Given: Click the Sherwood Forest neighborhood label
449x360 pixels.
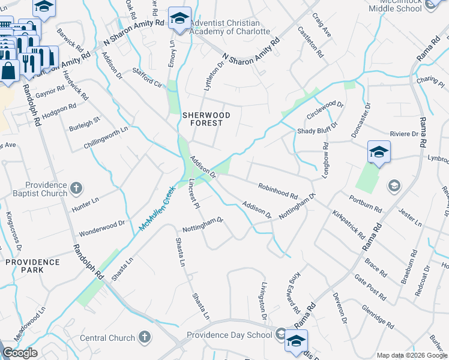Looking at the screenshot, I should click(x=202, y=119).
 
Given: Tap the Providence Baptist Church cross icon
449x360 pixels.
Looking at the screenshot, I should click(x=76, y=189).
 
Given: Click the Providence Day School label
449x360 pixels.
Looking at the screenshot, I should click(x=229, y=335).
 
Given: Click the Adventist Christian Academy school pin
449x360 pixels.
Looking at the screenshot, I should click(x=179, y=18).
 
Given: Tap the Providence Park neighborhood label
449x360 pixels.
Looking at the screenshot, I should click(x=25, y=266).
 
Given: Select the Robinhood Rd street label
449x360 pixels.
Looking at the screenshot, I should click(x=278, y=191).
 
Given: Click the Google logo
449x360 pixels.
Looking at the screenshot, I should click(x=20, y=353).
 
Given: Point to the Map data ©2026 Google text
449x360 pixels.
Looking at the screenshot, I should click(x=412, y=355).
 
